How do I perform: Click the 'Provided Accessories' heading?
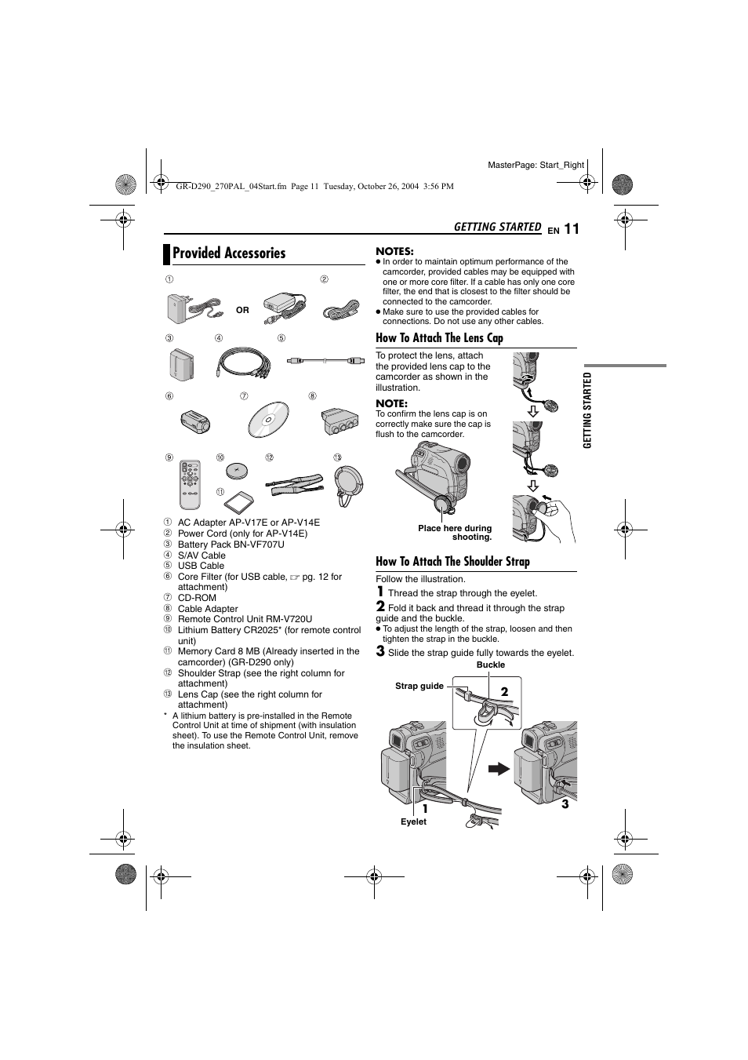[229, 253]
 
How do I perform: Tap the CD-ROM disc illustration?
[269, 419]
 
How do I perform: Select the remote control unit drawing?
[191, 484]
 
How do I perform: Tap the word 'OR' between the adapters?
[242, 310]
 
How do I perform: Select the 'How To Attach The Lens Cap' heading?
[439, 338]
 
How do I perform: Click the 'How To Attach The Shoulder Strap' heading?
[452, 562]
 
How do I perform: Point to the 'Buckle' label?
[491, 665]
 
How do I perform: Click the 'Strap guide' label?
[419, 686]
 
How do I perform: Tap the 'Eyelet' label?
[413, 821]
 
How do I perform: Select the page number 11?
[570, 229]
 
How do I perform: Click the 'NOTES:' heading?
[394, 251]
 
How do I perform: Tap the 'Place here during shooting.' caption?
[455, 533]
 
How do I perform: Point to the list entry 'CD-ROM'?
[197, 598]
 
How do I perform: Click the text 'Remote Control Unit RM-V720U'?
[245, 619]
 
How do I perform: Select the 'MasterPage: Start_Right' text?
[536, 165]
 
